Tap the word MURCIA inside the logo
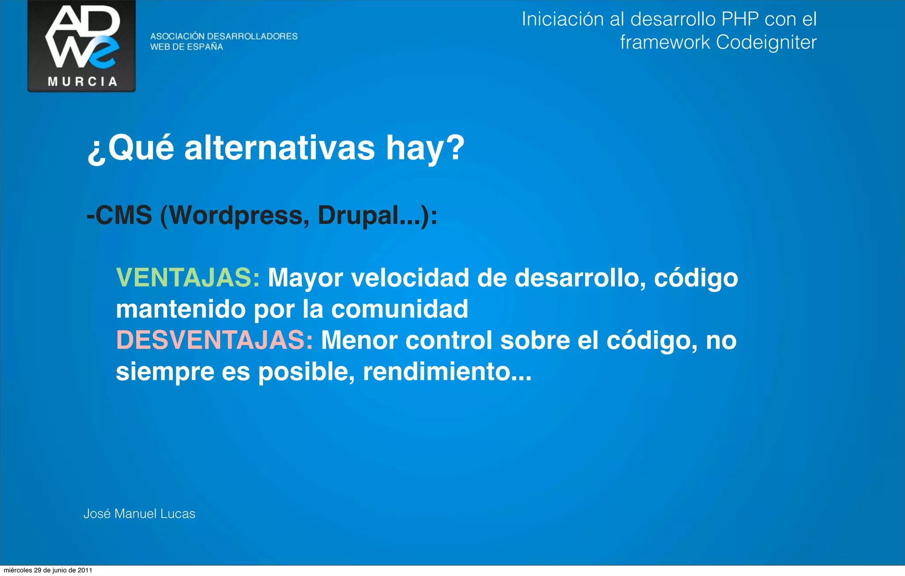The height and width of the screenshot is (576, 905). coord(82,82)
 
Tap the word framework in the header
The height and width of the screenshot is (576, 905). coord(665,42)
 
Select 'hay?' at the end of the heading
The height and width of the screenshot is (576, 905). coord(425,148)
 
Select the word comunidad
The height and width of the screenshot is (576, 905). coord(399,309)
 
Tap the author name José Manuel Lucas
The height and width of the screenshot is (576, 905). coord(139,514)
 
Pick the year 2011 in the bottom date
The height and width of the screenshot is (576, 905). coord(85,570)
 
